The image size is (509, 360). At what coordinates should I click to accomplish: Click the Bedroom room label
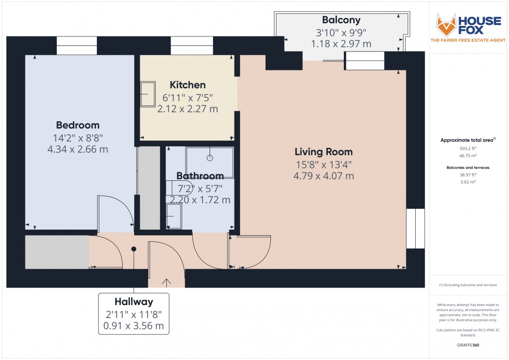pyautogui.click(x=77, y=125)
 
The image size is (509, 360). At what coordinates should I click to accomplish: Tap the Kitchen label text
pyautogui.click(x=187, y=84)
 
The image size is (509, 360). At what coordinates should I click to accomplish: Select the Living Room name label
pyautogui.click(x=323, y=152)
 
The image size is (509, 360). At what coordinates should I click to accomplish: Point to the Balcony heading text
pyautogui.click(x=341, y=20)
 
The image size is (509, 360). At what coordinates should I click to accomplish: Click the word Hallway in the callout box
pyautogui.click(x=134, y=302)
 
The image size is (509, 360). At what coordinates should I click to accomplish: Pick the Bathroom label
pyautogui.click(x=200, y=176)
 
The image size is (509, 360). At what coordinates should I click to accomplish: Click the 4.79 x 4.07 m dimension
pyautogui.click(x=323, y=176)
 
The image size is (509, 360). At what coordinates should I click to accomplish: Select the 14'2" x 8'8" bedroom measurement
pyautogui.click(x=77, y=137)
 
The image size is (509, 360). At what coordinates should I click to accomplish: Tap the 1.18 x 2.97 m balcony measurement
pyautogui.click(x=341, y=44)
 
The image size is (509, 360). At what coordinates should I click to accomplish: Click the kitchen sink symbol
pyautogui.click(x=148, y=94)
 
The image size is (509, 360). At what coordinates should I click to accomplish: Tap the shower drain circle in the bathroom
pyautogui.click(x=210, y=157)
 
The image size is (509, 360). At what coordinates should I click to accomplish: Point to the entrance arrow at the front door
pyautogui.click(x=166, y=283)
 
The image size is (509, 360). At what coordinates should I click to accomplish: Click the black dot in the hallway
pyautogui.click(x=133, y=249)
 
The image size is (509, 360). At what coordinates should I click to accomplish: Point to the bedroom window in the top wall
pyautogui.click(x=77, y=45)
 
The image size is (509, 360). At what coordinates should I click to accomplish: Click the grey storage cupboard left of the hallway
pyautogui.click(x=57, y=252)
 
